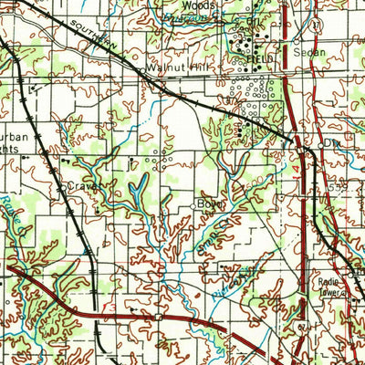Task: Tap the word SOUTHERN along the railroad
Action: tap(97, 34)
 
